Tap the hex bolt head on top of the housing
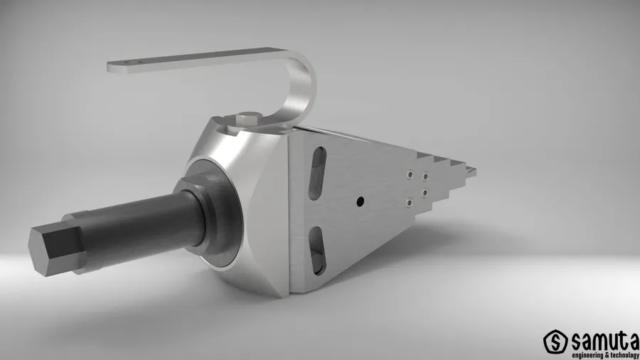point(247,119)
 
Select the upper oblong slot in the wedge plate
point(317,173)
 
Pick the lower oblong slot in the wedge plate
point(316,250)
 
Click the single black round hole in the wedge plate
point(360,201)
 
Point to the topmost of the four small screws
point(410,174)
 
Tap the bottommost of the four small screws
point(409,203)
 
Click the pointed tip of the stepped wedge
point(474,172)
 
